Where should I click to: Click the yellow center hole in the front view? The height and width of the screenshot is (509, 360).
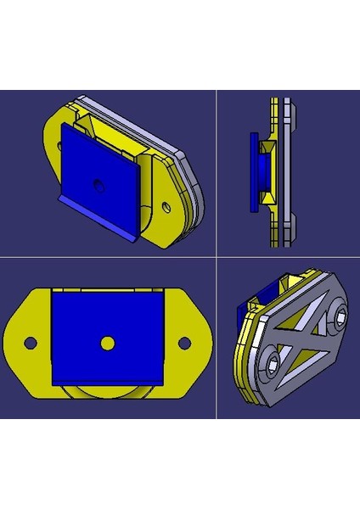(x=107, y=342)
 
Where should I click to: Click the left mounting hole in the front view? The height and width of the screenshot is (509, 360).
(x=30, y=343)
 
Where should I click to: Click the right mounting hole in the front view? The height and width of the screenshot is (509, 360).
(x=183, y=343)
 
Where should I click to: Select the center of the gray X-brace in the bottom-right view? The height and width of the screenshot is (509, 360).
(x=307, y=341)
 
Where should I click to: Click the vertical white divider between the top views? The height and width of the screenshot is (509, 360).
(x=217, y=170)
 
